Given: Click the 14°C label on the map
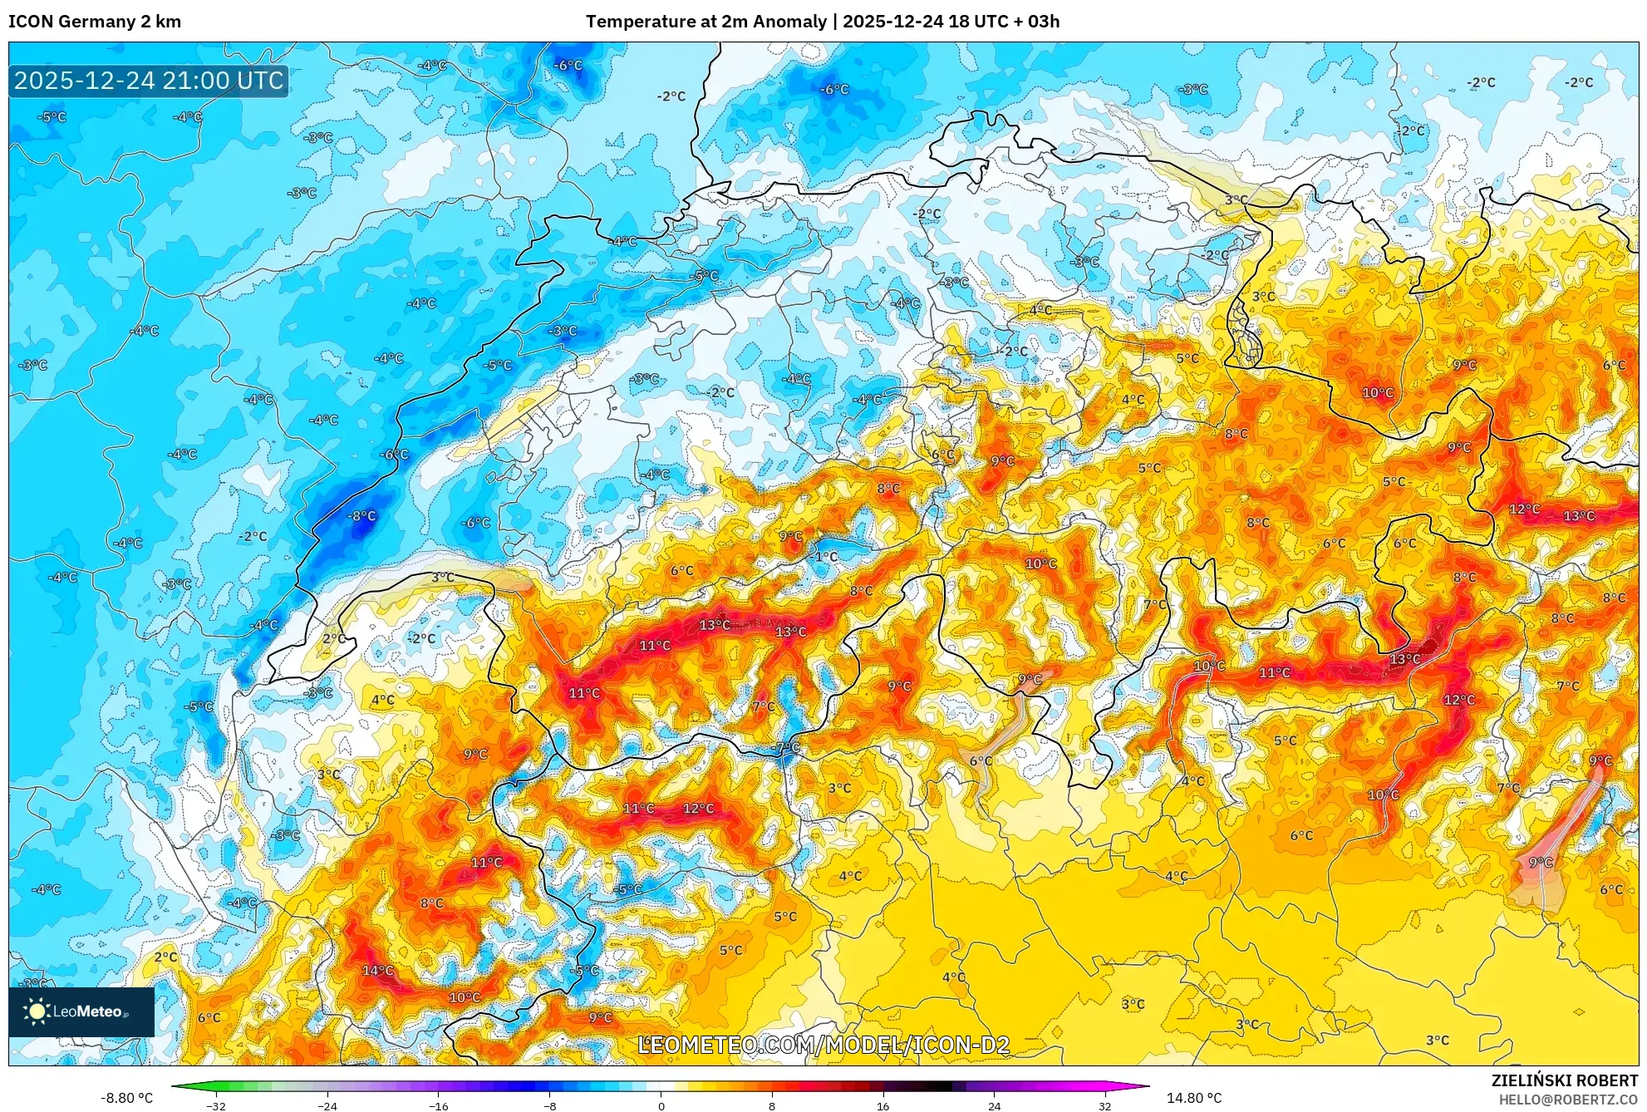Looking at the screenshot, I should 377,971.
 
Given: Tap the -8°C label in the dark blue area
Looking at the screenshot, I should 361,516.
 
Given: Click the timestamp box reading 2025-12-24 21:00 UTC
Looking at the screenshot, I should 149,81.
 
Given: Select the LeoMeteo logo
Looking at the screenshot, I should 81,1011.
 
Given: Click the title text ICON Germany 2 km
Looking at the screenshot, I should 95,22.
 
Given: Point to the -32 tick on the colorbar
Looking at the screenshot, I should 215,1105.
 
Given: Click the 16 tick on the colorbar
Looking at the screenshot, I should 882,1105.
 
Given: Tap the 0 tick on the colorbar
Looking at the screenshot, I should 661,1105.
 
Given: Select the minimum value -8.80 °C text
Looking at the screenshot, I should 127,1098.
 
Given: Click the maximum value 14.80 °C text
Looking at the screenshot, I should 1194,1098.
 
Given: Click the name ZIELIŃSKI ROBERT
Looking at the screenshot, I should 1564,1080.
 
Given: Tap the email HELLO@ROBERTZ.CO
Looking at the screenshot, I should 1567,1100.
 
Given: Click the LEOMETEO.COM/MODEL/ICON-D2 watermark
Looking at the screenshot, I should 823,1045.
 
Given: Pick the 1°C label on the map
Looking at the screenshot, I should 826,556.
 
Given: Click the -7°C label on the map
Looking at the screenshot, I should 785,748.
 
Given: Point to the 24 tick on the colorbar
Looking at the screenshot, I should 994,1105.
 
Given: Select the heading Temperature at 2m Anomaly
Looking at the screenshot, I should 706,22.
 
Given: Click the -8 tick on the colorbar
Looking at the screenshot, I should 549,1105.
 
